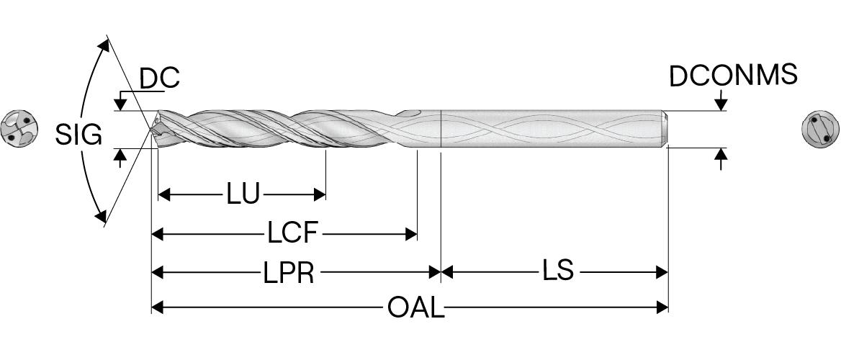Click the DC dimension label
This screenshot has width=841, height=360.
pos(159,78)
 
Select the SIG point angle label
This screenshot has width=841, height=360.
pos(78,135)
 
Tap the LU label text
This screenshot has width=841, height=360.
pos(243,194)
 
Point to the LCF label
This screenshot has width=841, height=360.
pos(293,233)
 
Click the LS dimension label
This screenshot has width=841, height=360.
pos(558,271)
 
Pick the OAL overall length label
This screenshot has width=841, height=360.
pos(416,308)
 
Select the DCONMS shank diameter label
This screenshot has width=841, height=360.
pos(734,76)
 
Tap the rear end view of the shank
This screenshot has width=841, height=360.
pos(821,130)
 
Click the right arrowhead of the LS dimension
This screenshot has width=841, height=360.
pos(662,272)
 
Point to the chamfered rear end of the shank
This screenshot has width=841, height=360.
pos(665,129)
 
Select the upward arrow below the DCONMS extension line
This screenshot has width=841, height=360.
pos(721,156)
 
